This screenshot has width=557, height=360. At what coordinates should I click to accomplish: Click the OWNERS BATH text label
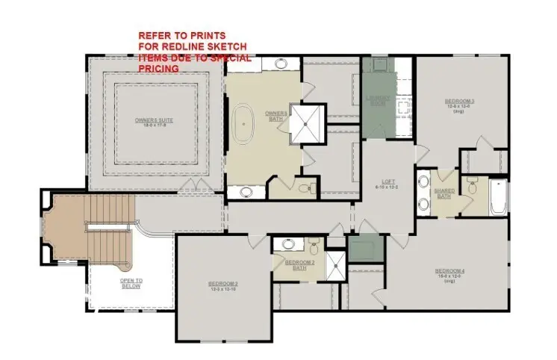tap(276, 117)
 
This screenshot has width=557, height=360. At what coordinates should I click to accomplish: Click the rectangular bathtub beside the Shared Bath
tap(499, 197)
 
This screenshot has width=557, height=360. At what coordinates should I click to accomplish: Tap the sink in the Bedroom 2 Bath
tap(287, 244)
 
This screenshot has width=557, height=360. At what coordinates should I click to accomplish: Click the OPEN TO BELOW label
tap(131, 282)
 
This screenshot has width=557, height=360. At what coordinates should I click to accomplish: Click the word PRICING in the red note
tap(158, 68)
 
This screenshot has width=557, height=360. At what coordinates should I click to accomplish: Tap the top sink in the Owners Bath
tap(281, 64)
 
